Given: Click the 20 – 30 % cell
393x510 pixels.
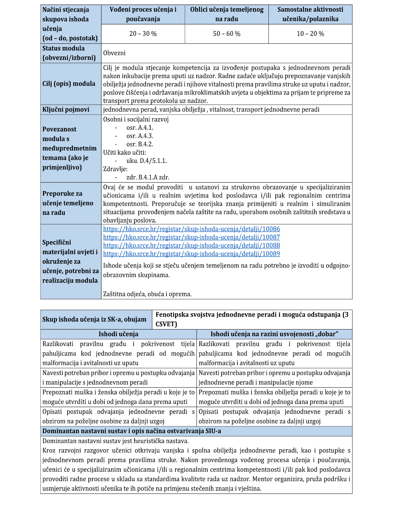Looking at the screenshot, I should [143, 34].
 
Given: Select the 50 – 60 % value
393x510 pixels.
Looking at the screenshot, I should [227, 34].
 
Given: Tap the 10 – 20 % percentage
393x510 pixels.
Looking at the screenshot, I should [310, 34].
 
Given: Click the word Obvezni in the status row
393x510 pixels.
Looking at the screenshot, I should [114, 53].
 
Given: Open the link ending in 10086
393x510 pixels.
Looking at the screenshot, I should [191, 229].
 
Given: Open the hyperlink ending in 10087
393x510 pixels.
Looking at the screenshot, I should [191, 237].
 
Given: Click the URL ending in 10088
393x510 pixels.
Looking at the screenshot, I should [191, 245].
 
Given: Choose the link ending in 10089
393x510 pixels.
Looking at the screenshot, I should [191, 254].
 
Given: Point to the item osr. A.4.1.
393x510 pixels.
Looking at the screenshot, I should [140, 128].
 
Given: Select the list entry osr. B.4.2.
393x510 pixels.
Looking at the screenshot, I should [140, 144].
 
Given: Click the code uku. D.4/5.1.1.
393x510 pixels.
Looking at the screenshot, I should [147, 161].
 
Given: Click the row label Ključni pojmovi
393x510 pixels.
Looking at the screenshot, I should [66, 110].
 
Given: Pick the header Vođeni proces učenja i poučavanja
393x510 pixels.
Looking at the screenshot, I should [143, 14].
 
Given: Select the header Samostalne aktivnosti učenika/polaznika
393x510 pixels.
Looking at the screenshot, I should [310, 14].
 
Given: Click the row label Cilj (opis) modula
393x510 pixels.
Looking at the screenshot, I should [69, 84].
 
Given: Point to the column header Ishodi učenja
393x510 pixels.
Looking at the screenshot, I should [118, 334].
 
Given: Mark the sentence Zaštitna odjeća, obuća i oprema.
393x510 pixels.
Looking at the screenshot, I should [147, 294].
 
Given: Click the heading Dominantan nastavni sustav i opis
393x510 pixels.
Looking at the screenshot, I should [132, 431].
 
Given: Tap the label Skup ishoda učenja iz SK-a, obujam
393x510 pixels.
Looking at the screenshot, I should [94, 319].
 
